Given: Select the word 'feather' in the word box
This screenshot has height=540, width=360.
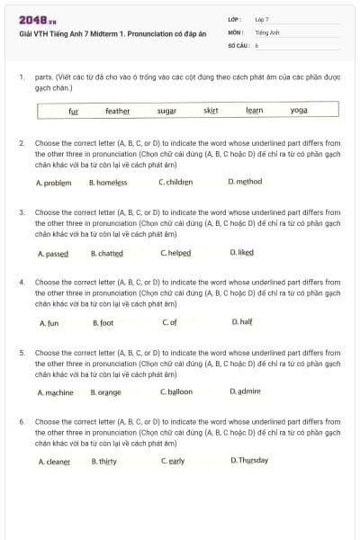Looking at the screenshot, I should [x=117, y=111].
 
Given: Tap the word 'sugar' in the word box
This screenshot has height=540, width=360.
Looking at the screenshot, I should [x=166, y=111].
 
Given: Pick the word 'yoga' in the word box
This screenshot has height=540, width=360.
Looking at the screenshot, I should [x=299, y=111].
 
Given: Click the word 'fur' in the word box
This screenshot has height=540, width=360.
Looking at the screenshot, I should [x=74, y=111].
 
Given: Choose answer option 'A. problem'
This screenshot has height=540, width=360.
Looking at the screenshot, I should [x=53, y=182].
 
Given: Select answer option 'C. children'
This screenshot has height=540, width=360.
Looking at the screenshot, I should [x=175, y=182].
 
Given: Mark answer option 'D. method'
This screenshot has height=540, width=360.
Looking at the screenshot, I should [x=246, y=182].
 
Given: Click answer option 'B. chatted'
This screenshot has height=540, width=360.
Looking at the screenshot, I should [x=107, y=253].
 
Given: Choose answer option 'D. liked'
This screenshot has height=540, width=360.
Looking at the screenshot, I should [x=242, y=253].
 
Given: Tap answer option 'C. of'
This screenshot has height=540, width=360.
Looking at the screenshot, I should [x=169, y=322].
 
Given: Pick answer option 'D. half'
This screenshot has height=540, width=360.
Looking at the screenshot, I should [x=241, y=322].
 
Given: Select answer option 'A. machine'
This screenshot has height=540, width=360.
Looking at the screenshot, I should [x=56, y=392].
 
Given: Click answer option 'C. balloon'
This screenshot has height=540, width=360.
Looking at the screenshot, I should [x=176, y=392].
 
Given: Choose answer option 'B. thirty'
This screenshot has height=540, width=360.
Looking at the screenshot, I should [x=104, y=462].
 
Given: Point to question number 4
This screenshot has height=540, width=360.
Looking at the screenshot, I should [x=22, y=282].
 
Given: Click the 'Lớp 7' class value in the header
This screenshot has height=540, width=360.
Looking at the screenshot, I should [x=262, y=19].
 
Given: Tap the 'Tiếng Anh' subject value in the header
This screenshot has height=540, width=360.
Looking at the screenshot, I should [x=267, y=31].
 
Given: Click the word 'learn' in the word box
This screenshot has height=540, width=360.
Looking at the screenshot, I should [x=254, y=111].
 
